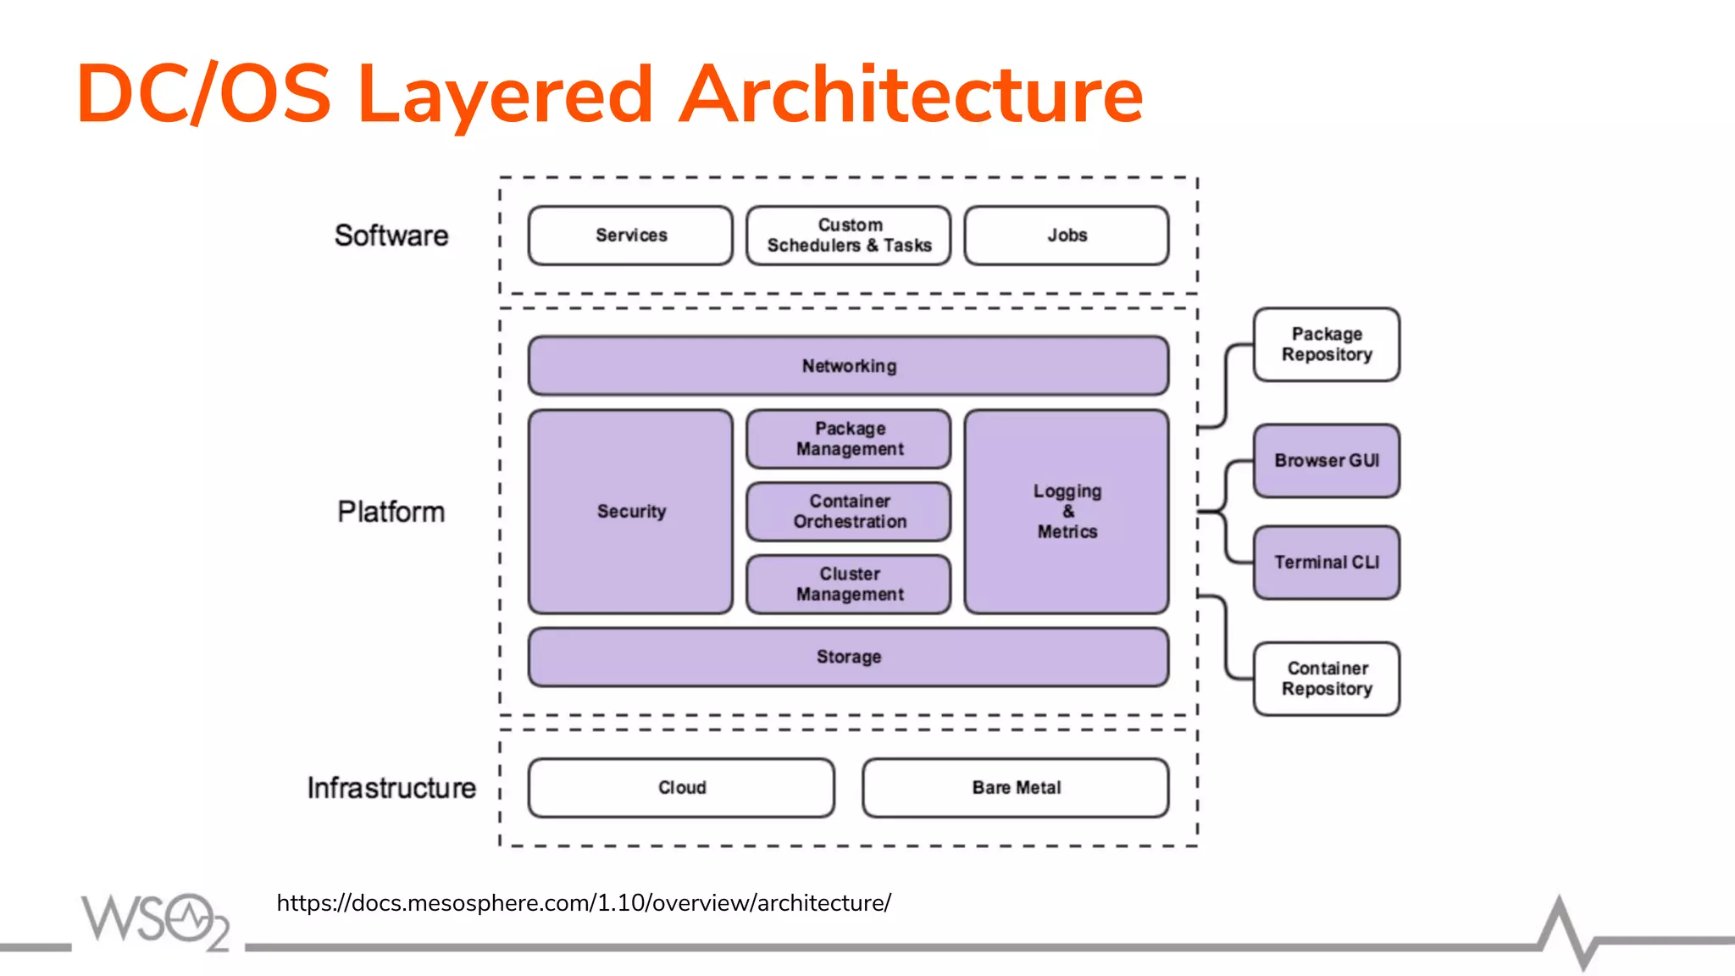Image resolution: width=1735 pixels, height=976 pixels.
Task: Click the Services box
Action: (630, 236)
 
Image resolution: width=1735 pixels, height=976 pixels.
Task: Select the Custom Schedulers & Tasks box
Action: (848, 236)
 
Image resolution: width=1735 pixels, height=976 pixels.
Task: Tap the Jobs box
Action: (1066, 236)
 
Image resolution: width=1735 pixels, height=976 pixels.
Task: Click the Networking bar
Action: (848, 366)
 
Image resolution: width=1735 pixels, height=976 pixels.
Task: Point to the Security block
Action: (630, 512)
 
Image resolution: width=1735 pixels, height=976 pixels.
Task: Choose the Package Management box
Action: (848, 439)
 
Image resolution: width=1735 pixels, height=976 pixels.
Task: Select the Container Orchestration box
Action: (848, 512)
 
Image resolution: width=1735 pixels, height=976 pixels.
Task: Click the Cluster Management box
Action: (848, 585)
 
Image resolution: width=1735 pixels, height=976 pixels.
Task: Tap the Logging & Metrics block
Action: (1066, 512)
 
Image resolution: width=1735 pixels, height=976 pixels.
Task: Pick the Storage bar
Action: (848, 657)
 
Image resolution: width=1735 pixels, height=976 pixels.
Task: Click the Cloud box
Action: (681, 788)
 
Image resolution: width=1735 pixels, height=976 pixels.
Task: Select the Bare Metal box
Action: (1015, 788)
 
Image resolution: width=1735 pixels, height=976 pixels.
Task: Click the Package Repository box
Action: (1326, 345)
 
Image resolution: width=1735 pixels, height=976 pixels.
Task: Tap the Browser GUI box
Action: (1326, 461)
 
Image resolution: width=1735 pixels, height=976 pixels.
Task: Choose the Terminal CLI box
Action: (1326, 563)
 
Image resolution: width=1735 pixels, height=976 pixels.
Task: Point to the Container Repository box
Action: (1326, 679)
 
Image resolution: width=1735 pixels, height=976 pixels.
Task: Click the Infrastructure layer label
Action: (391, 788)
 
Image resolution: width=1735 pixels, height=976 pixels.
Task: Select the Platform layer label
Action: (391, 512)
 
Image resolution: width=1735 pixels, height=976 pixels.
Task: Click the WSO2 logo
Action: (155, 921)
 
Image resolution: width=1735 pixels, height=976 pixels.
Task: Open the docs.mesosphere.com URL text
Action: (583, 903)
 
